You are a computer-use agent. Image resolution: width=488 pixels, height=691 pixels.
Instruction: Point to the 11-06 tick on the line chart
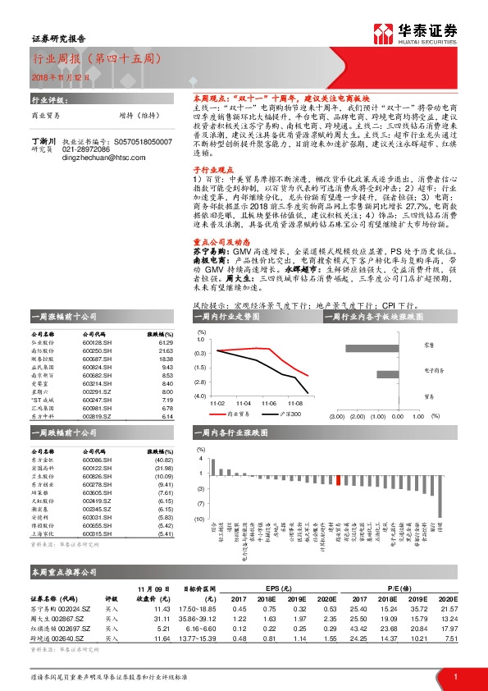268,404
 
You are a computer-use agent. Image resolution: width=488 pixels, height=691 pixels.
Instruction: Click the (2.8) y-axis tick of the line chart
200,382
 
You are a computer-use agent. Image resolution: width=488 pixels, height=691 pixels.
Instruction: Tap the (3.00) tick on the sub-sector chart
335,415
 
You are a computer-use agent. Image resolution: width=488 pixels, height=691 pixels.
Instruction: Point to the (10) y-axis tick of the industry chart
199,519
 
